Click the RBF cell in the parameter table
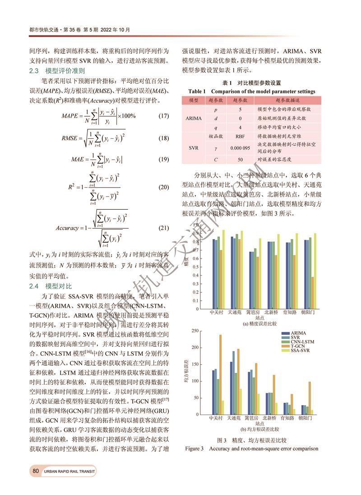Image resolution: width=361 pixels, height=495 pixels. [x=240, y=136]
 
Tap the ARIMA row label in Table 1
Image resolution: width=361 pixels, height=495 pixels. [x=193, y=118]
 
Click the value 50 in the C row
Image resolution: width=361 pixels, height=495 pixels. [x=240, y=160]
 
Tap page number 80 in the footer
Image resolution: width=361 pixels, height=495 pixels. [x=36, y=471]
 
